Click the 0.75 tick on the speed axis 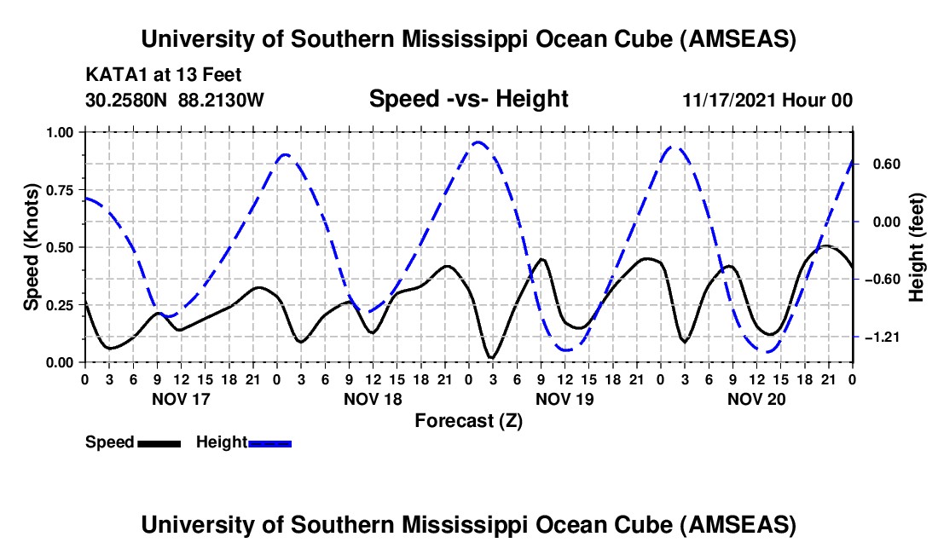coord(61,190)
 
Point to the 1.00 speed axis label coord(61,132)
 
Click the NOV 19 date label coord(565,398)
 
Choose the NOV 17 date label coord(179,398)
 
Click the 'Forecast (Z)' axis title coord(468,420)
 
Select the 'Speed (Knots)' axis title coord(31,247)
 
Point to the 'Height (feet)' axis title coord(917,247)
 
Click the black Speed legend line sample coord(159,443)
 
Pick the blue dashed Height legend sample coord(269,443)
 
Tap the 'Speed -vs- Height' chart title coord(468,99)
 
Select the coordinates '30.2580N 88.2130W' coord(175,100)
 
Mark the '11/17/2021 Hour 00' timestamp coord(767,100)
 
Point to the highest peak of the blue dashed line coord(478,142)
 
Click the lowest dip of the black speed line coord(491,358)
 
